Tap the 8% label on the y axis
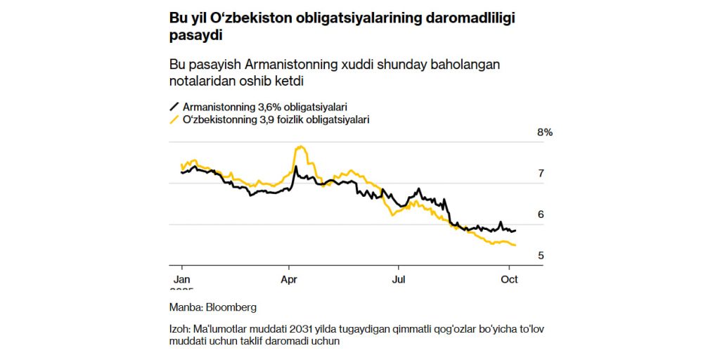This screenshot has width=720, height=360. (x=546, y=132)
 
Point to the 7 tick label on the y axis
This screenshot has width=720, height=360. (x=541, y=174)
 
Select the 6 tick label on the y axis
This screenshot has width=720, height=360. (x=541, y=214)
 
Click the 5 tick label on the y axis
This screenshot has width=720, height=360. (x=541, y=255)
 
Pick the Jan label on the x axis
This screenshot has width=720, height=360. (x=181, y=278)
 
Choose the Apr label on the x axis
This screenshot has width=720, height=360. (x=289, y=278)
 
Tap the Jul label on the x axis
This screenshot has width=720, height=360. (x=399, y=278)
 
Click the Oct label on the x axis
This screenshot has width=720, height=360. (x=508, y=278)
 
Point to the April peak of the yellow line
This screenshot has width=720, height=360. (x=302, y=146)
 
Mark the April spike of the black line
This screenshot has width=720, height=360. (x=295, y=167)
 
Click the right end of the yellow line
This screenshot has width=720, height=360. (x=516, y=245)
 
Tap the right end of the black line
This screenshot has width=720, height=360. (x=515, y=230)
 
